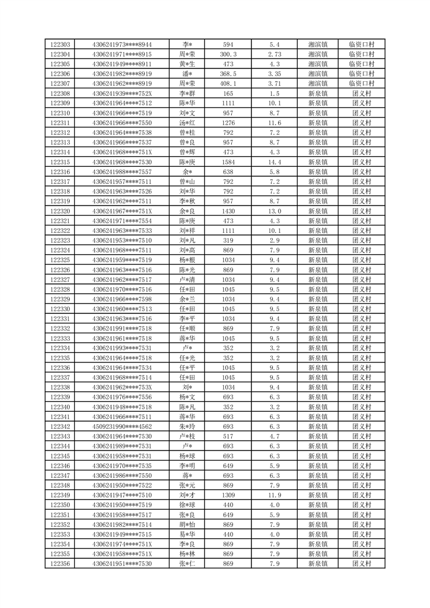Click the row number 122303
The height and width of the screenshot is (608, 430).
[60, 44]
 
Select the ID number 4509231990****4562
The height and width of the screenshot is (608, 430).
[122, 426]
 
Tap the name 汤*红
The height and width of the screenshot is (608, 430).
[187, 123]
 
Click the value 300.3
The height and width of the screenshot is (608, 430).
[228, 54]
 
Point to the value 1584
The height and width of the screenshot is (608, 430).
[228, 162]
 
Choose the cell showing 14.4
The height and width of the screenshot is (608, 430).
[275, 162]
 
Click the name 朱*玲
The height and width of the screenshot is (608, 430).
[187, 426]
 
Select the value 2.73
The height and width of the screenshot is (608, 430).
[275, 54]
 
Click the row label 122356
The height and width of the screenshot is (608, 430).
[60, 564]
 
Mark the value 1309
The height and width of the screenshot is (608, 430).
[228, 495]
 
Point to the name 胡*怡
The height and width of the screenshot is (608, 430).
[187, 525]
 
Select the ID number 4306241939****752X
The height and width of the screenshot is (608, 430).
[122, 94]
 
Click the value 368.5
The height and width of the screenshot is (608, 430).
[228, 74]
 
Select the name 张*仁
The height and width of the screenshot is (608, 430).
[187, 564]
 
